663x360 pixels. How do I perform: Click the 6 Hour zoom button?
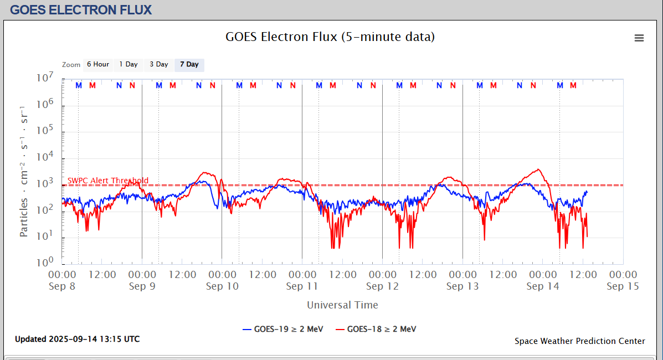point(97,65)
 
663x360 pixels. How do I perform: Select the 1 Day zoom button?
point(129,65)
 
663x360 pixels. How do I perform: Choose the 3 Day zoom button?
point(159,65)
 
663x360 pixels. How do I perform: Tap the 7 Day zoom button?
point(189,65)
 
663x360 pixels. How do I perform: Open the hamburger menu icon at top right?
point(639,38)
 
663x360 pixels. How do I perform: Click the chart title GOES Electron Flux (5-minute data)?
point(330,37)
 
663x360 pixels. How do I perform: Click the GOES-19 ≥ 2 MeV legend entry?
point(284,329)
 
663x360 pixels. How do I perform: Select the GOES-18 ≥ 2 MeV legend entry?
point(377,329)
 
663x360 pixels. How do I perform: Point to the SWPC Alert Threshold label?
point(108,181)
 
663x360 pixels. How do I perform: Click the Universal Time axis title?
point(342,305)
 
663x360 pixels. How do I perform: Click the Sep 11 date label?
point(302,286)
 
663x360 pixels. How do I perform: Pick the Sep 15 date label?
point(623,286)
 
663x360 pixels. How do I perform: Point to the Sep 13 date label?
point(462,286)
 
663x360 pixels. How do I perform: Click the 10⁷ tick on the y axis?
point(45,78)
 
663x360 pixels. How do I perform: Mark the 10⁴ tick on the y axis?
point(45,157)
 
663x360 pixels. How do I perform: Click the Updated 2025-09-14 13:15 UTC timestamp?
point(77,339)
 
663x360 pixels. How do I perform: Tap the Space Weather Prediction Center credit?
point(579,341)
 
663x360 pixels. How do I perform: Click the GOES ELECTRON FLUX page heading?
point(81,9)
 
